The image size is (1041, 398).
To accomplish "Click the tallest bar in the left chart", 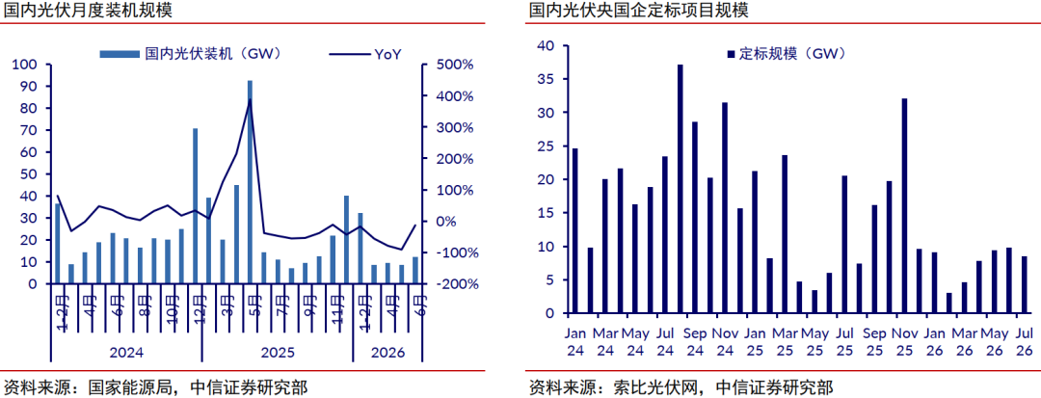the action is click(x=250, y=182).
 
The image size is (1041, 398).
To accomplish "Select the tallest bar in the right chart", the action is click(x=681, y=189).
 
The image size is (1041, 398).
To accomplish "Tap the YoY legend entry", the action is click(x=365, y=54).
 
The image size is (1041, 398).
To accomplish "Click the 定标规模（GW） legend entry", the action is click(x=787, y=54).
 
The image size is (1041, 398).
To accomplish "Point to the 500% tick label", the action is click(x=455, y=65).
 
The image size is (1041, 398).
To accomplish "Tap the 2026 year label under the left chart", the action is click(x=387, y=353).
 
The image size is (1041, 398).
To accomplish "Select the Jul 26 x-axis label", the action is click(x=1024, y=340).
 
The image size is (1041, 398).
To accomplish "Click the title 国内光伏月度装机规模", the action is click(x=84, y=11).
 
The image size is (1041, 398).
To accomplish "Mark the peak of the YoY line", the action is click(x=250, y=99).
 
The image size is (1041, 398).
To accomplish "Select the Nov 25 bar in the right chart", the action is click(x=904, y=205).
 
